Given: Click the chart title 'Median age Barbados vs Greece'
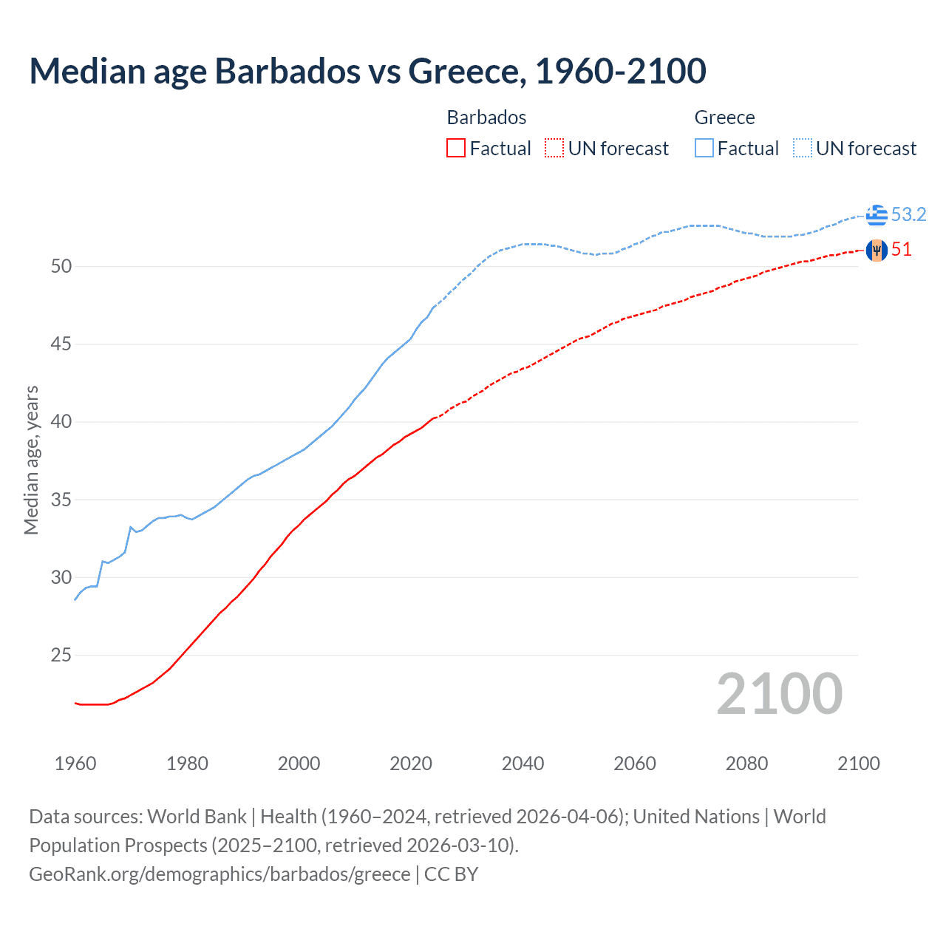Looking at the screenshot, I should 367,71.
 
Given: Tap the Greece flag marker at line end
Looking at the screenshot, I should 877,214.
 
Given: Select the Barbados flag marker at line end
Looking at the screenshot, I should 877,251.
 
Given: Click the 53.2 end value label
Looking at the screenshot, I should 908,214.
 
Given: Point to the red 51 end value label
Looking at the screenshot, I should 901,250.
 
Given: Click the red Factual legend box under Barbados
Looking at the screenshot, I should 456,148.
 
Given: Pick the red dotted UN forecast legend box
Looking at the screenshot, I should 554,148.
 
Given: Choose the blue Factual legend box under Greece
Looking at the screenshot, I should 704,148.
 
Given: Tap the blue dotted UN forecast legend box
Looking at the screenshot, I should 803,148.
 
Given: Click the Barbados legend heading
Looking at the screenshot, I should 486,118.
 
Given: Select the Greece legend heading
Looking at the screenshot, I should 724,118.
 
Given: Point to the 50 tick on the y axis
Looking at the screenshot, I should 61,266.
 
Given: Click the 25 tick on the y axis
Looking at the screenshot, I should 61,656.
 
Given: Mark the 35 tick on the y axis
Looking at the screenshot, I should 61,500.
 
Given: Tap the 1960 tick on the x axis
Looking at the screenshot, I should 75,763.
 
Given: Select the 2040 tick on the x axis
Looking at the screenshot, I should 523,763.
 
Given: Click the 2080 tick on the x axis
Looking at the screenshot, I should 746,763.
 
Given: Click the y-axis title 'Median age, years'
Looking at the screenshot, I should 31,460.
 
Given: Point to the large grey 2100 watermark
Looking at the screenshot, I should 779,693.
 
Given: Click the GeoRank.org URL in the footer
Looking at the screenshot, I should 220,874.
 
